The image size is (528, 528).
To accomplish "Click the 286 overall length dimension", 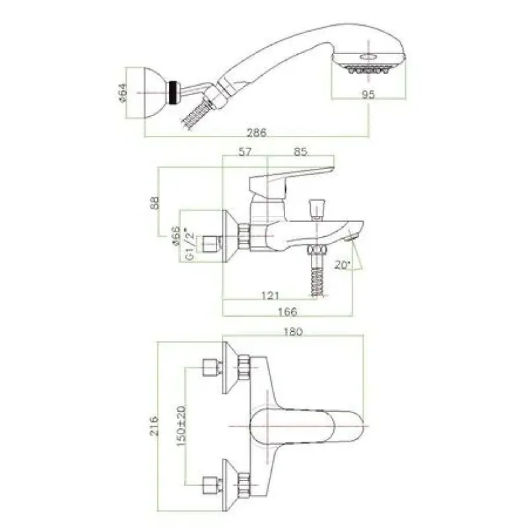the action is coord(257,133).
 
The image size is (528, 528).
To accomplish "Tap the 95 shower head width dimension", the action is coord(368,94).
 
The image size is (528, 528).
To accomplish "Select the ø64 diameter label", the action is coord(123,92).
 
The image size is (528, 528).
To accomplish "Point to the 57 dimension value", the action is coord(245,152).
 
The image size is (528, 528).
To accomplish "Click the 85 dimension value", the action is coord(300,152).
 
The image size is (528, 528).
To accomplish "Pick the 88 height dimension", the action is coord(154,203).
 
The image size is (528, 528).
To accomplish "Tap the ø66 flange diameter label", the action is coord(176,236).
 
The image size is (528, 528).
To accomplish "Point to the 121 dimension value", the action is coord(270,296).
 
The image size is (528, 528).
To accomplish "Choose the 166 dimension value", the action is coord(287,312).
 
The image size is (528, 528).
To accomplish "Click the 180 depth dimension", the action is coord(293,332).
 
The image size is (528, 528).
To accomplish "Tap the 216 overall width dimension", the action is coord(154,426).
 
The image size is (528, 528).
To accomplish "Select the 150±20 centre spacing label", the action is coord(181,426).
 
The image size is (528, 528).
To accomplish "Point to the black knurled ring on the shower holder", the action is coord(174,92).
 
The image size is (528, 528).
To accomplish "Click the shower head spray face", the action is coord(368,70).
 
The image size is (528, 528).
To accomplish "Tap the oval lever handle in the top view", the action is coord(306,426).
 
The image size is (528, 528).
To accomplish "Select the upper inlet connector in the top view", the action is coord(212,368).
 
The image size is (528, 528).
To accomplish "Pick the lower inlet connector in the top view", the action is coord(212,485).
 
